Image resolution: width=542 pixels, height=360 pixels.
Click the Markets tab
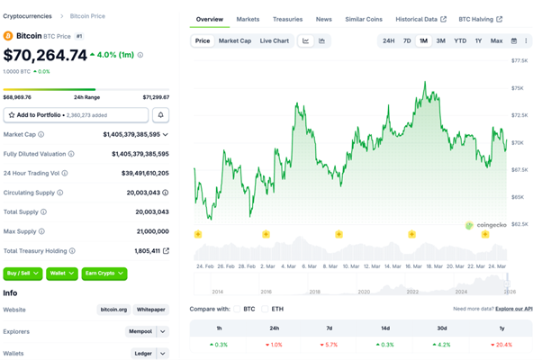pos(248,19)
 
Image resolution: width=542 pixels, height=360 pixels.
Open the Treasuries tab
pos(287,19)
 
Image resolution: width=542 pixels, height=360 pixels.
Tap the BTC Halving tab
pos(480,19)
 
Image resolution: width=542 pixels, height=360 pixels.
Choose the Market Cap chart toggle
pos(235,40)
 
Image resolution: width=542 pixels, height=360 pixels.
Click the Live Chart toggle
pos(275,40)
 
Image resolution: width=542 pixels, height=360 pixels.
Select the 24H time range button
pos(388,40)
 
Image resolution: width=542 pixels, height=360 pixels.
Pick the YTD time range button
pos(460,40)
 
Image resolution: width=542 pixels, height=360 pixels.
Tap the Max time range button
pos(496,40)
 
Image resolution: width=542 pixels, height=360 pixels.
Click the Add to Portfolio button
pos(76,115)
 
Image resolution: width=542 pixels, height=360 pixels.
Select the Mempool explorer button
pos(140,331)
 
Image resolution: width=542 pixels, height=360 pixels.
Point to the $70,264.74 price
pos(46,56)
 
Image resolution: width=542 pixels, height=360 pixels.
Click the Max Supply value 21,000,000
pos(150,231)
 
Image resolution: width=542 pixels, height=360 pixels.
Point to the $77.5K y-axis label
pos(519,60)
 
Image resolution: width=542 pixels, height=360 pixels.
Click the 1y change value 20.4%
pos(502,345)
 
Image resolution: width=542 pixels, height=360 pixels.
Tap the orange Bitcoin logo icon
pos(8,36)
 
